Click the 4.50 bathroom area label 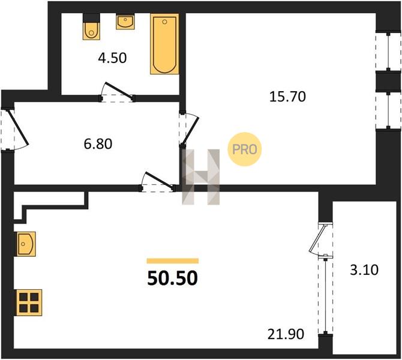[x=112, y=58]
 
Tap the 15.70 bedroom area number [x=287, y=97]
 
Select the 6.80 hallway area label [x=98, y=144]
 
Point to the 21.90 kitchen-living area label [x=286, y=334]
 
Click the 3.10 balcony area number [x=364, y=270]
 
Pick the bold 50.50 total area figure [x=173, y=278]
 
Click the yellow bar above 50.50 [x=173, y=261]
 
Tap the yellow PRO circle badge [x=244, y=149]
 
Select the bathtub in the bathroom [x=164, y=44]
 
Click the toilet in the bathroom [x=91, y=26]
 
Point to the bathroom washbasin [x=125, y=22]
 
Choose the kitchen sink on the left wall [x=26, y=244]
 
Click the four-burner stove [x=29, y=302]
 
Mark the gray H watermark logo [x=201, y=177]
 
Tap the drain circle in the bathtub [x=164, y=22]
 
